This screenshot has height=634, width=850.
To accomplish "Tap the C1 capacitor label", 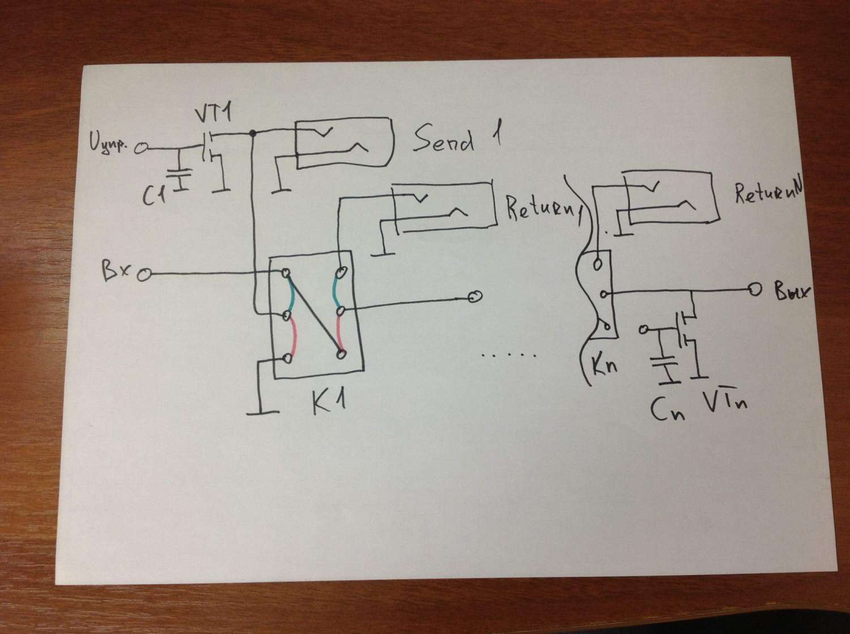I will click(154, 195).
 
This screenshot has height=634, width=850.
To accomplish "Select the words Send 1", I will click(456, 139).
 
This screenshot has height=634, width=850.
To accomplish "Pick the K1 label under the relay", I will click(328, 402).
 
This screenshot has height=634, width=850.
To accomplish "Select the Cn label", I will click(667, 409).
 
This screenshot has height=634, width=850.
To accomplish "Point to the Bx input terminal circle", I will click(144, 275).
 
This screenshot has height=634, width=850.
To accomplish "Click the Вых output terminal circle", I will click(754, 290).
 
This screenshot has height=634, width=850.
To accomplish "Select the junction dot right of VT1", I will click(253, 133).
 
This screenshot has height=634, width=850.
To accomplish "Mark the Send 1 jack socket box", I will click(343, 142).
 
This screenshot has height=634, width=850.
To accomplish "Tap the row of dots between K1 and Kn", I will click(508, 355).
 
